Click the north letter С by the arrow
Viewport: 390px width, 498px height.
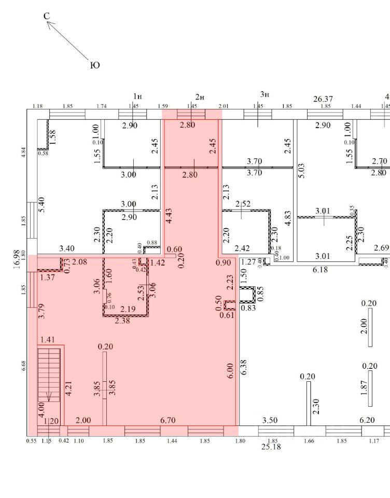(x=47, y=17)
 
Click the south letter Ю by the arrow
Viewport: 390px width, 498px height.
(x=95, y=65)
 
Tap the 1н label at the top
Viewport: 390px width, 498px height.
(x=137, y=96)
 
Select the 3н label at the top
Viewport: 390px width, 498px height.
(x=264, y=94)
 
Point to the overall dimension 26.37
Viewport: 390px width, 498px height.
(x=323, y=99)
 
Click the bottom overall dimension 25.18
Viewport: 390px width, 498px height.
(x=271, y=446)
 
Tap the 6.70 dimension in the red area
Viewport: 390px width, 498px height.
(x=167, y=420)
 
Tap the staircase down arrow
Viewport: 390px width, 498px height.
(x=49, y=397)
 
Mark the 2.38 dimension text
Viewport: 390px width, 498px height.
(x=123, y=321)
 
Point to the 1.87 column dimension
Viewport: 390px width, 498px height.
(x=364, y=389)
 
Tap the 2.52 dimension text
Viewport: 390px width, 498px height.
(x=243, y=204)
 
